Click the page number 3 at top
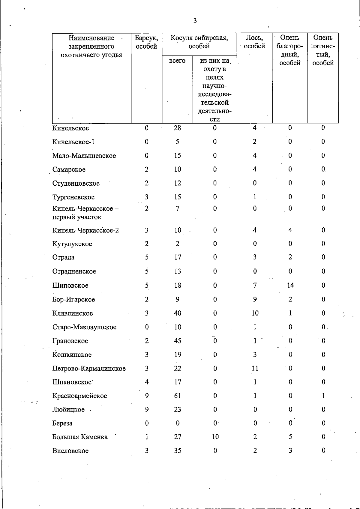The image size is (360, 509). [195, 21]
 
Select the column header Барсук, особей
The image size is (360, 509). [146, 42]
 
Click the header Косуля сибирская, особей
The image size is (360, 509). [199, 42]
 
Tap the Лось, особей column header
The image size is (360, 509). [254, 42]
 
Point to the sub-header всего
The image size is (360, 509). [177, 61]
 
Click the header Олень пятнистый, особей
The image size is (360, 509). [323, 50]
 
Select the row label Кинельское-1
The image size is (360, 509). [73, 142]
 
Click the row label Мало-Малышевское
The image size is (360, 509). [84, 156]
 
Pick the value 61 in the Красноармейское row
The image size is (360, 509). [178, 396]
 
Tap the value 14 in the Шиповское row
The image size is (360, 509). [290, 285]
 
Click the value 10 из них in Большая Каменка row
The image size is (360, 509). [215, 437]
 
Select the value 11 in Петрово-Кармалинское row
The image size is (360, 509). [255, 368]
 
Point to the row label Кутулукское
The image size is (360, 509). [72, 244]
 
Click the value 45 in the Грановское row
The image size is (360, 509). [178, 341]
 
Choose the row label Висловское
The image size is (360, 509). [70, 451]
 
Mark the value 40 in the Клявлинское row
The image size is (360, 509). [178, 313]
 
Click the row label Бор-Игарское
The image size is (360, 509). [74, 299]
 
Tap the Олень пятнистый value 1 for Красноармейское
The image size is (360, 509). [323, 396]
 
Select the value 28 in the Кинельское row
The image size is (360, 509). [177, 128]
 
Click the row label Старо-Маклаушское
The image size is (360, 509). [84, 327]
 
